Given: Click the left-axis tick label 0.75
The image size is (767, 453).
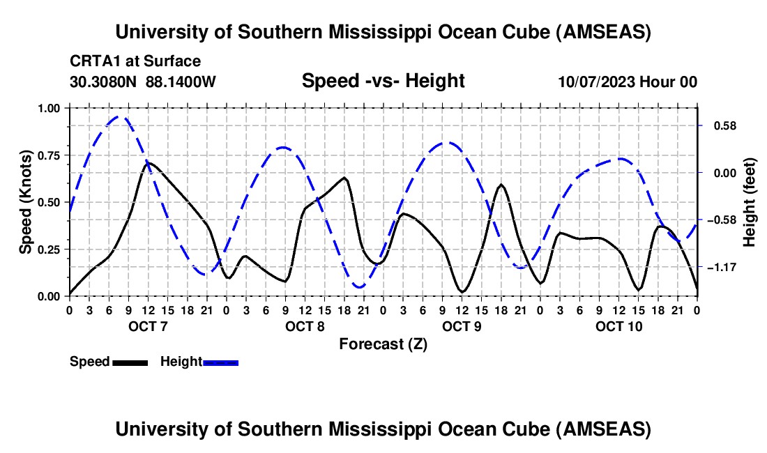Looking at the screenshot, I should tap(50, 155).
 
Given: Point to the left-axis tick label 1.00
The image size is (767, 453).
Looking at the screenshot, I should tap(50, 108).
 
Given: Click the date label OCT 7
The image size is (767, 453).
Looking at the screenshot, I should tap(148, 326).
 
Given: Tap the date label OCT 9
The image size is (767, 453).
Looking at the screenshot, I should tap(462, 326).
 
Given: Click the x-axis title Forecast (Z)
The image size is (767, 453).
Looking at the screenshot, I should tap(383, 344).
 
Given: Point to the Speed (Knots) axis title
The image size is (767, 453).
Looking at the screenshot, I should tap(26, 202).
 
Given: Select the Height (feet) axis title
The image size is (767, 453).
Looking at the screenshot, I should tap(750, 202).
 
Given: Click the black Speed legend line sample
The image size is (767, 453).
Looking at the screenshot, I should tap(130, 362).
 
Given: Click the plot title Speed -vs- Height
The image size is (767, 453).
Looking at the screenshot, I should tap(383, 81).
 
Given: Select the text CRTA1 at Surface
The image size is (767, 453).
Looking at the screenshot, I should tap(135, 61).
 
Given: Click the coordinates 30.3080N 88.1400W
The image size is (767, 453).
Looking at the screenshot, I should tap(143, 82).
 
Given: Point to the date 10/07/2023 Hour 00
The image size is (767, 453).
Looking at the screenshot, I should tap(628, 82).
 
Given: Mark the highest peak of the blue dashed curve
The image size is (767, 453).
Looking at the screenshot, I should tap(119, 117).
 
